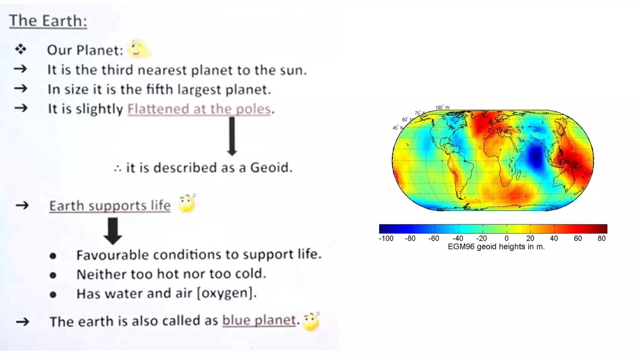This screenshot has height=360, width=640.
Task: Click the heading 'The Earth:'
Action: pos(48,21)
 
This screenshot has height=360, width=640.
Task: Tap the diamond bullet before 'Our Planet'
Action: pos(21,49)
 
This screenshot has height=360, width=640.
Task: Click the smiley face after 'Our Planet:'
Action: pos(138,49)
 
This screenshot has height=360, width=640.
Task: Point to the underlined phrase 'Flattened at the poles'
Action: pos(199,109)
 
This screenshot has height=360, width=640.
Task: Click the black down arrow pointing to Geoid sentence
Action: pos(232,136)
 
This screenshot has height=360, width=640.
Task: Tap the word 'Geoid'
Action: pos(271,168)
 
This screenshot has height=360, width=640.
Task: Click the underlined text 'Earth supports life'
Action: pos(110,206)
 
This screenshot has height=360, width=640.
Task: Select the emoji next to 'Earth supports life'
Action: pos(187,203)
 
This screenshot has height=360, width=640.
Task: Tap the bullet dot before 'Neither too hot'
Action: pos(53,275)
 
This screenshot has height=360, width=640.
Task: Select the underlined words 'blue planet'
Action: pos(259,320)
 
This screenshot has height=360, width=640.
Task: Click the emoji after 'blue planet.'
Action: pos(311,322)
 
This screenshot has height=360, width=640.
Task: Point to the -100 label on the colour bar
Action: pos(386,238)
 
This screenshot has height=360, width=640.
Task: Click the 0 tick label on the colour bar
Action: pos(506,238)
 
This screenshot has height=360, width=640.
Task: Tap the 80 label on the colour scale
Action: pos(602,238)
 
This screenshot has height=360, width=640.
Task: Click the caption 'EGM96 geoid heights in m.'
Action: pos(496,247)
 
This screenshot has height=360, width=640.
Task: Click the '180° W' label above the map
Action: pos(442,107)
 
